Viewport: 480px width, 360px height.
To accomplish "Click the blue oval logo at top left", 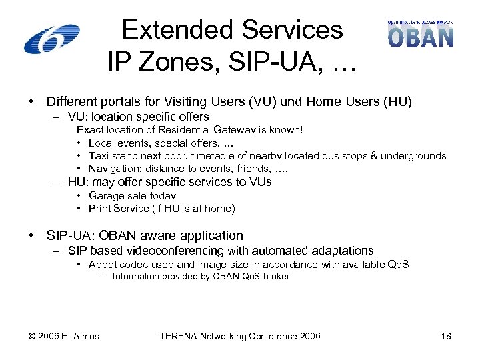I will [51, 39].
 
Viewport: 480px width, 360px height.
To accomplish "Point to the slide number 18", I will [446, 336].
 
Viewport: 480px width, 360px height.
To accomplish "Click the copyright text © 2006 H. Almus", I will [63, 336].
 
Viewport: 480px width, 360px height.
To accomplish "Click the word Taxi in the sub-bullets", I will [99, 156].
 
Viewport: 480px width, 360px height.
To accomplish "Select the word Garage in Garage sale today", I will [106, 196].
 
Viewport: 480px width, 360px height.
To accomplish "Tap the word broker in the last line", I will [276, 277].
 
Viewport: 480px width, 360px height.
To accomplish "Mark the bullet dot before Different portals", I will [31, 102].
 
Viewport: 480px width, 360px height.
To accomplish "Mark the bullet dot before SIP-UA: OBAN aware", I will [31, 235].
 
